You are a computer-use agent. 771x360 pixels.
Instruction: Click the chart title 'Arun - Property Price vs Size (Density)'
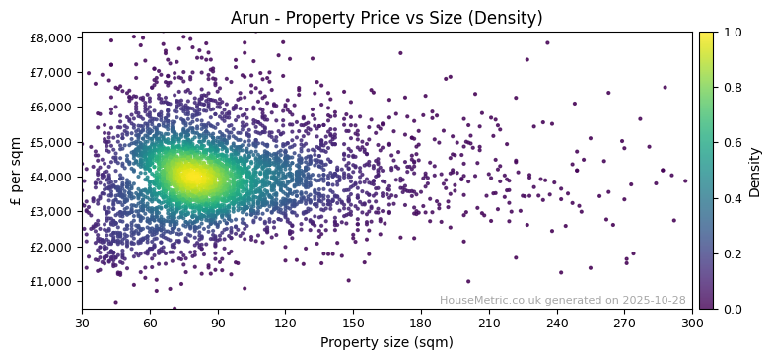(386, 18)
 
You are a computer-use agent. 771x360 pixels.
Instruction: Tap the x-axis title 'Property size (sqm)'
(386, 343)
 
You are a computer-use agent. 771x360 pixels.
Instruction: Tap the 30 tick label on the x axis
(82, 323)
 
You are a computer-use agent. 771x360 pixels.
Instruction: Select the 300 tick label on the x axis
(692, 323)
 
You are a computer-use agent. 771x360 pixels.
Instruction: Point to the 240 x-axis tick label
(557, 323)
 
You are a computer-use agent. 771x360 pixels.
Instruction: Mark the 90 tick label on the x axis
(218, 323)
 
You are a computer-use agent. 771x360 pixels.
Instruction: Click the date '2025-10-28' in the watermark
(653, 300)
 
